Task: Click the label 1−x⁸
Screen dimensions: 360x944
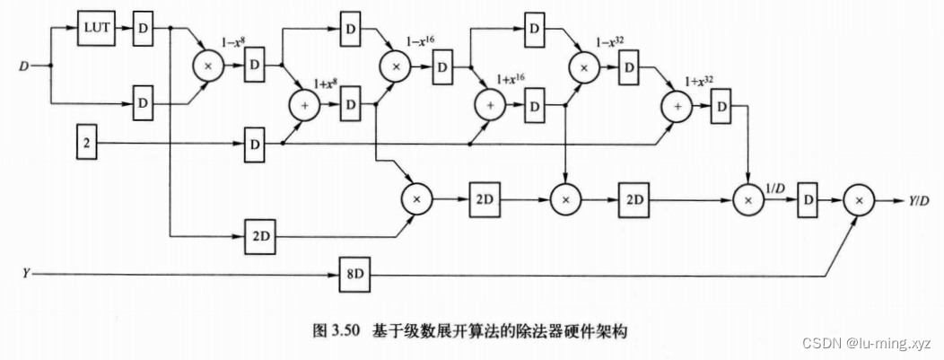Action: (235, 42)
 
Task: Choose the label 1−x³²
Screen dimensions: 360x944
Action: (610, 42)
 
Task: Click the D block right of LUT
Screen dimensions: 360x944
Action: (144, 27)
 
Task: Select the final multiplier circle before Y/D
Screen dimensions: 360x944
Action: (856, 200)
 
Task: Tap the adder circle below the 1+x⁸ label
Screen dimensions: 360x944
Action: (305, 105)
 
